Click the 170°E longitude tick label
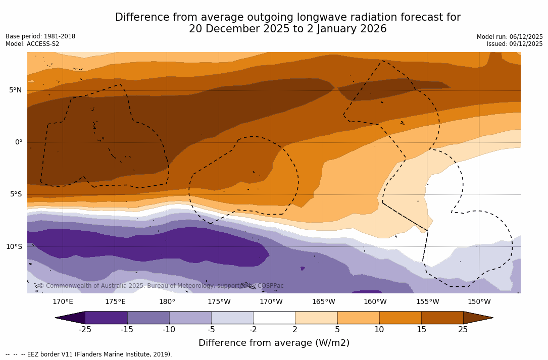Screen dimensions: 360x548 (63, 302)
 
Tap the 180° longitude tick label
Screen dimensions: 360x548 (167, 302)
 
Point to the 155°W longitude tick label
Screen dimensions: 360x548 (427, 302)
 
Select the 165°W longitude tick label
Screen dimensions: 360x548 (323, 302)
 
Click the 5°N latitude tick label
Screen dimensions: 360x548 (15, 90)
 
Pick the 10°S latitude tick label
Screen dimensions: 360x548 (14, 247)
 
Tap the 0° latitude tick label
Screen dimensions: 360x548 (18, 142)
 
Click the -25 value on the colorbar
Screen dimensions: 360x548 (85, 330)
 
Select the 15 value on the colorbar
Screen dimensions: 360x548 (421, 330)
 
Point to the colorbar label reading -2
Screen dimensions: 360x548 (253, 330)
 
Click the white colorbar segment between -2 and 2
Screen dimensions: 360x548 (274, 318)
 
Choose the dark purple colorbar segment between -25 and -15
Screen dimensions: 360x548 (106, 318)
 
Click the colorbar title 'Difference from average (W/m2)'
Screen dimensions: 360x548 (274, 343)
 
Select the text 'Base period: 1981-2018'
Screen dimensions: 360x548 (40, 36)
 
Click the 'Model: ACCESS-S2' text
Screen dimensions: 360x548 (32, 44)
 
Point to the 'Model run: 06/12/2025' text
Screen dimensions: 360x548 (510, 37)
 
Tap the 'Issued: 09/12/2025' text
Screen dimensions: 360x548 (515, 44)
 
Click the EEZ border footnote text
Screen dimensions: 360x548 (88, 354)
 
